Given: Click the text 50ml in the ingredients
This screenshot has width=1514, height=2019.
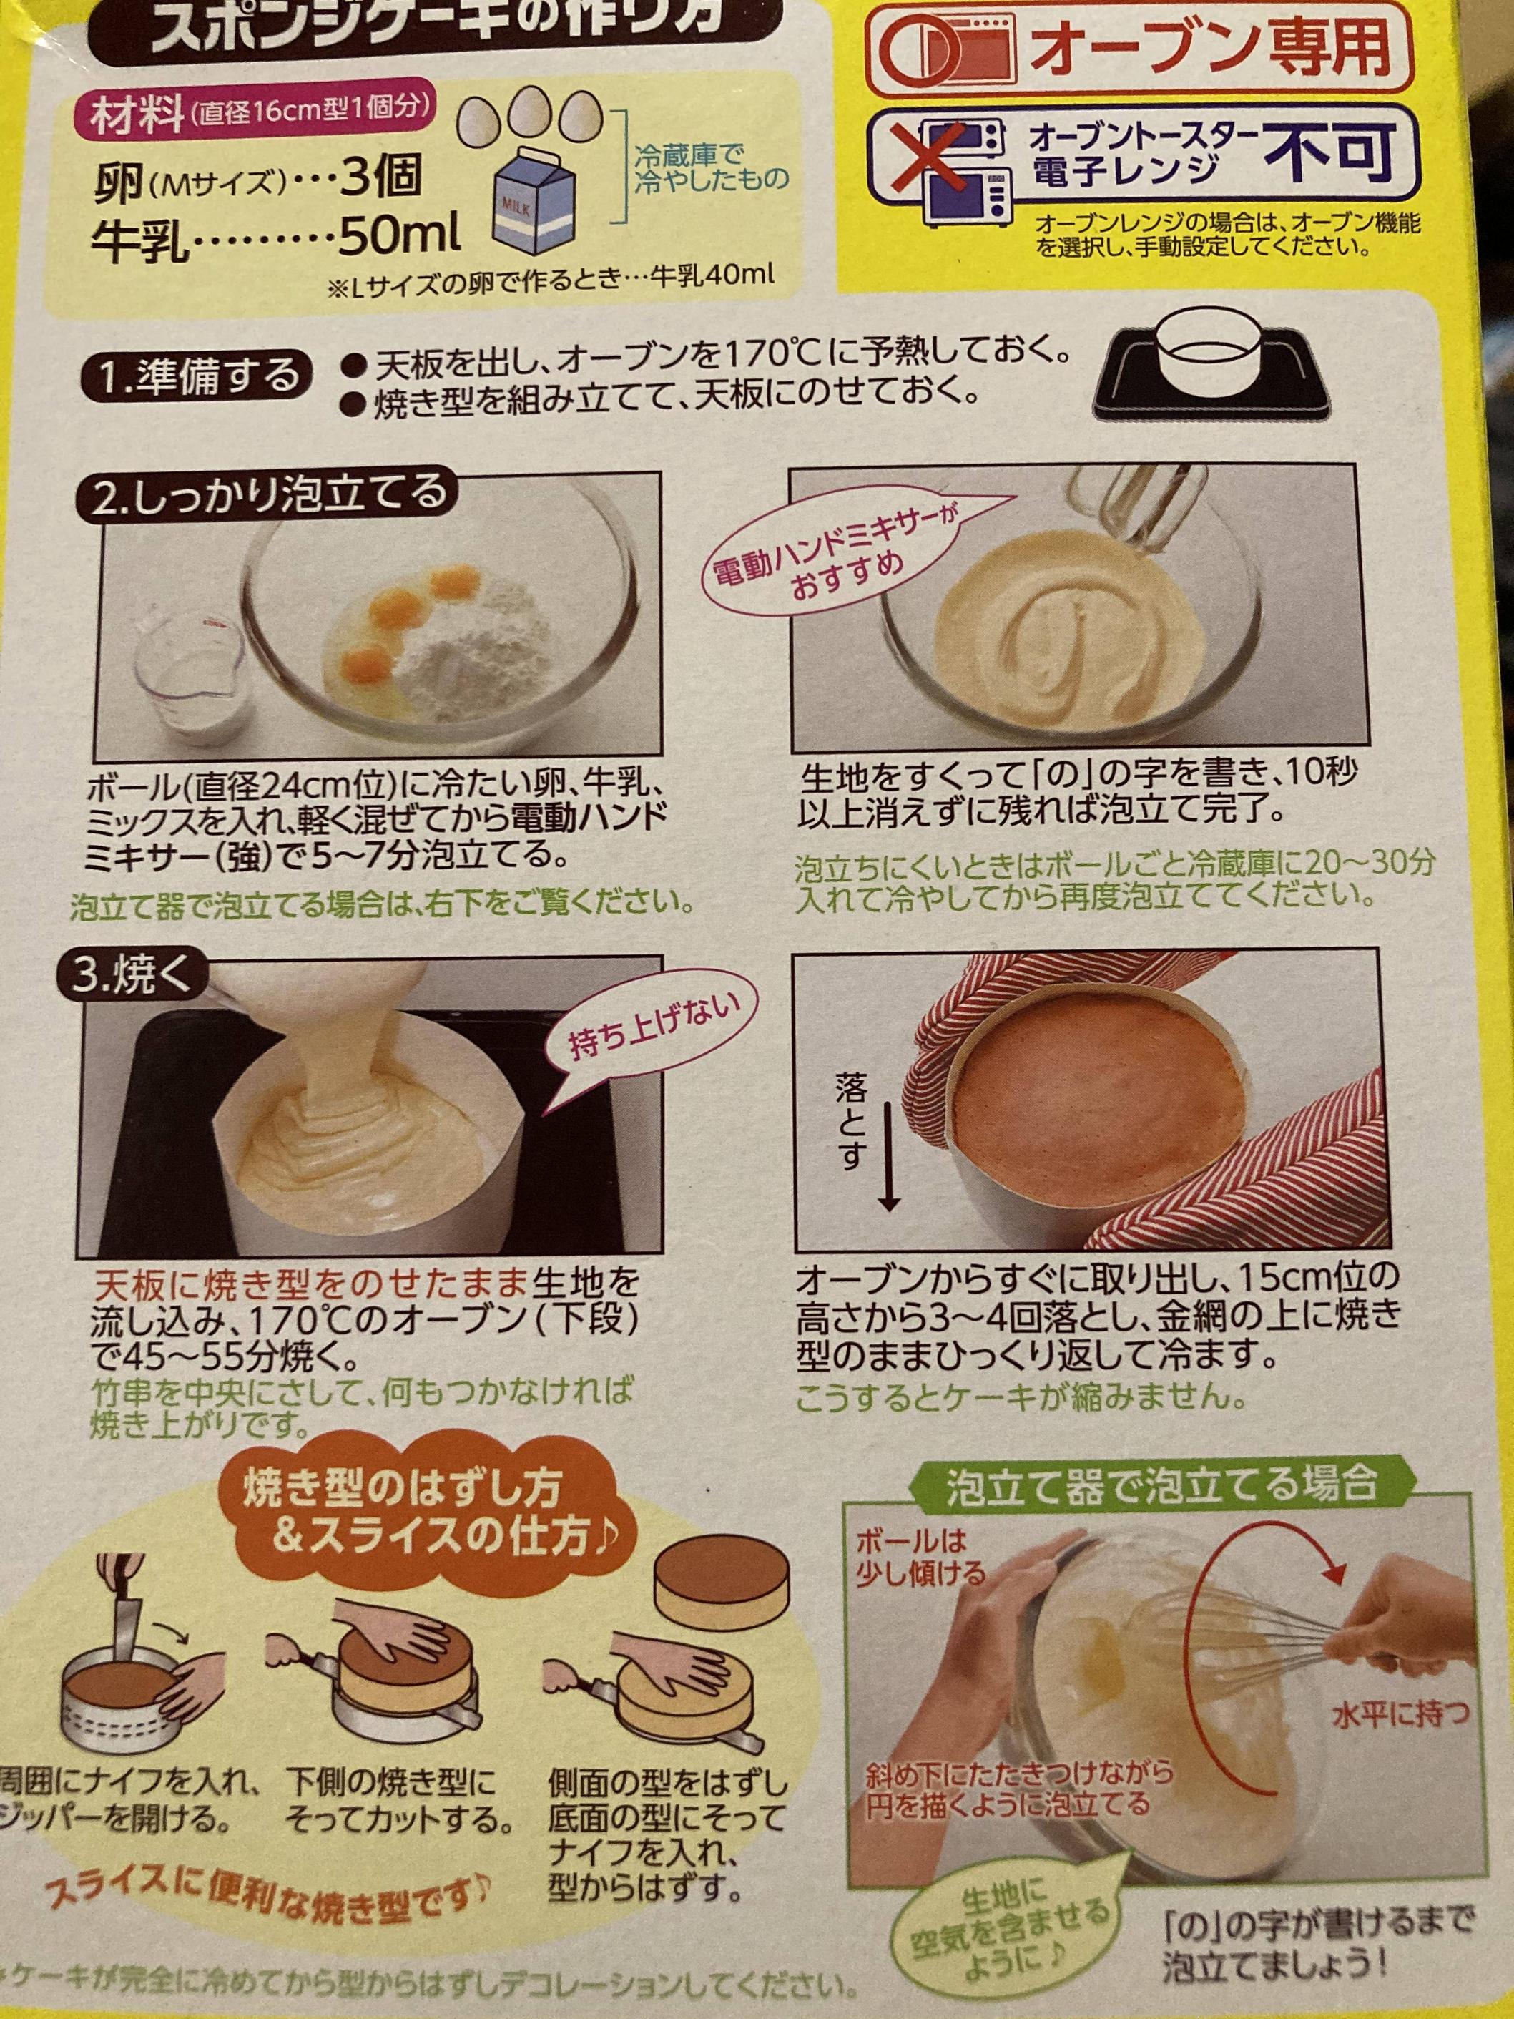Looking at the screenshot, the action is (x=399, y=238).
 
